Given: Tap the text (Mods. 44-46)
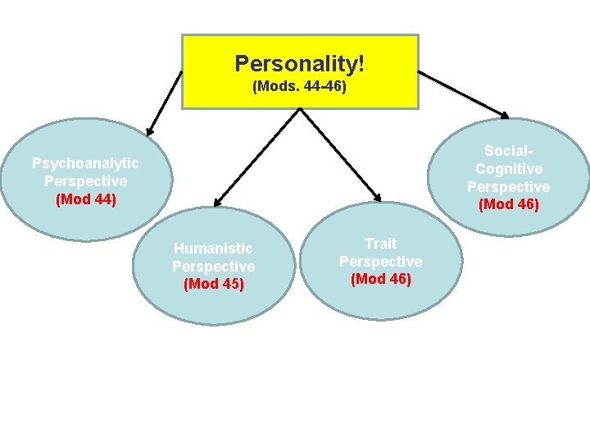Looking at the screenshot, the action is click(x=299, y=85).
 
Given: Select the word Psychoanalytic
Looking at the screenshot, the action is click(x=85, y=163).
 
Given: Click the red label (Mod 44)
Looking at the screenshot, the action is click(x=85, y=199).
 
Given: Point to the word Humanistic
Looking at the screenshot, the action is click(x=213, y=249).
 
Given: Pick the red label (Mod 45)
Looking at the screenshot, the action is click(x=213, y=285).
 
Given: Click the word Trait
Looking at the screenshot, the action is click(x=380, y=244).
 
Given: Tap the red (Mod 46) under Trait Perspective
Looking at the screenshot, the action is click(x=380, y=279).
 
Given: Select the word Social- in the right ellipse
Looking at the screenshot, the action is click(x=508, y=151).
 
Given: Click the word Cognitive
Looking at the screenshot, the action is click(x=508, y=169).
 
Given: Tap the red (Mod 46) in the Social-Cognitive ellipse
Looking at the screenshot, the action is click(x=508, y=204).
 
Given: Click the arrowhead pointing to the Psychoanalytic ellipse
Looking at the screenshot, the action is click(x=149, y=130).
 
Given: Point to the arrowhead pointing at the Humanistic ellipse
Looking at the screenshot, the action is click(x=216, y=202).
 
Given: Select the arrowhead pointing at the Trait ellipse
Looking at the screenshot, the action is click(x=378, y=197).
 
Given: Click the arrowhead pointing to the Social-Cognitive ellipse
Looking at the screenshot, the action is click(x=505, y=116).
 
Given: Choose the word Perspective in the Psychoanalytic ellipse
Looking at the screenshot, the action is click(x=85, y=180).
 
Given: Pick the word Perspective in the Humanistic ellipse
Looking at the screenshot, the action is click(x=213, y=267).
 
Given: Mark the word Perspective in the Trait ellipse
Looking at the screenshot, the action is click(x=380, y=262).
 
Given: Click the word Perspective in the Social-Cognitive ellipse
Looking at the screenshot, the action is click(x=508, y=187).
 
